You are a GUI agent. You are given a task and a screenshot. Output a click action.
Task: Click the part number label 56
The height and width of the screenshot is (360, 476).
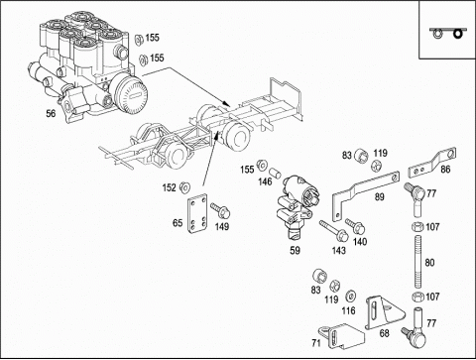[51, 113]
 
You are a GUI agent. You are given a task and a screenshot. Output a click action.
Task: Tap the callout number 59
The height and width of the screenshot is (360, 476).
[295, 250]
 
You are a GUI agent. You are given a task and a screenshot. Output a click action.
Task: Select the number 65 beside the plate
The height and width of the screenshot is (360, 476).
[178, 223]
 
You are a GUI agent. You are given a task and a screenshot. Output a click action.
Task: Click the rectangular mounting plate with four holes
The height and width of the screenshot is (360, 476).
[197, 214]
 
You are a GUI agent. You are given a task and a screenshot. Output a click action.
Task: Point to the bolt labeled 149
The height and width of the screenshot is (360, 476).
[220, 210]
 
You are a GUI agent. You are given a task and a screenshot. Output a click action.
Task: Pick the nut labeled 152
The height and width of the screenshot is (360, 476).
[184, 187]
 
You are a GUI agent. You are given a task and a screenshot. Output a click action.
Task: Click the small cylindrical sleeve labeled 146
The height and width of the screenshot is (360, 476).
[275, 173]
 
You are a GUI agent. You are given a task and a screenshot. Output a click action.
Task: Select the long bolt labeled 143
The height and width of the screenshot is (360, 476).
[333, 231]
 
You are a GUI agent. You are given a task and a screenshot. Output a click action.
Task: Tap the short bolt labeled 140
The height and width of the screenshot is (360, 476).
[355, 225]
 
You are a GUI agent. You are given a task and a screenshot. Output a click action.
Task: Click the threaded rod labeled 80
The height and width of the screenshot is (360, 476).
[417, 263]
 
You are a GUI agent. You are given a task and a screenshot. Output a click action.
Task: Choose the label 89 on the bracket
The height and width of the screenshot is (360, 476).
[380, 197]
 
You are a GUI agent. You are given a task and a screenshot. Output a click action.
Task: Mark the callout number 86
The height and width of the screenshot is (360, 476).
[445, 170]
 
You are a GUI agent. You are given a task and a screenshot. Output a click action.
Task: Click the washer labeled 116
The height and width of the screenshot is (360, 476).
[350, 297]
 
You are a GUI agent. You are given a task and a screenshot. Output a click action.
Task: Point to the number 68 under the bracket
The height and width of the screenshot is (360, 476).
[384, 333]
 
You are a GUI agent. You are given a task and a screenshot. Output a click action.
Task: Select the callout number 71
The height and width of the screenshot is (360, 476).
[316, 343]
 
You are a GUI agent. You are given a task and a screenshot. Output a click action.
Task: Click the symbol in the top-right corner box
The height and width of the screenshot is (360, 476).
[448, 33]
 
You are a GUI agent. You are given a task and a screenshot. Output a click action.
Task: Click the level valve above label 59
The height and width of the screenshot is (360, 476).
[297, 206]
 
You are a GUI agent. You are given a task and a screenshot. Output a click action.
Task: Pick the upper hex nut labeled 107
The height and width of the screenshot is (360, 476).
[417, 227]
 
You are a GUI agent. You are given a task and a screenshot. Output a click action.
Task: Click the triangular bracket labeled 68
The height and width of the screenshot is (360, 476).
[384, 312]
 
